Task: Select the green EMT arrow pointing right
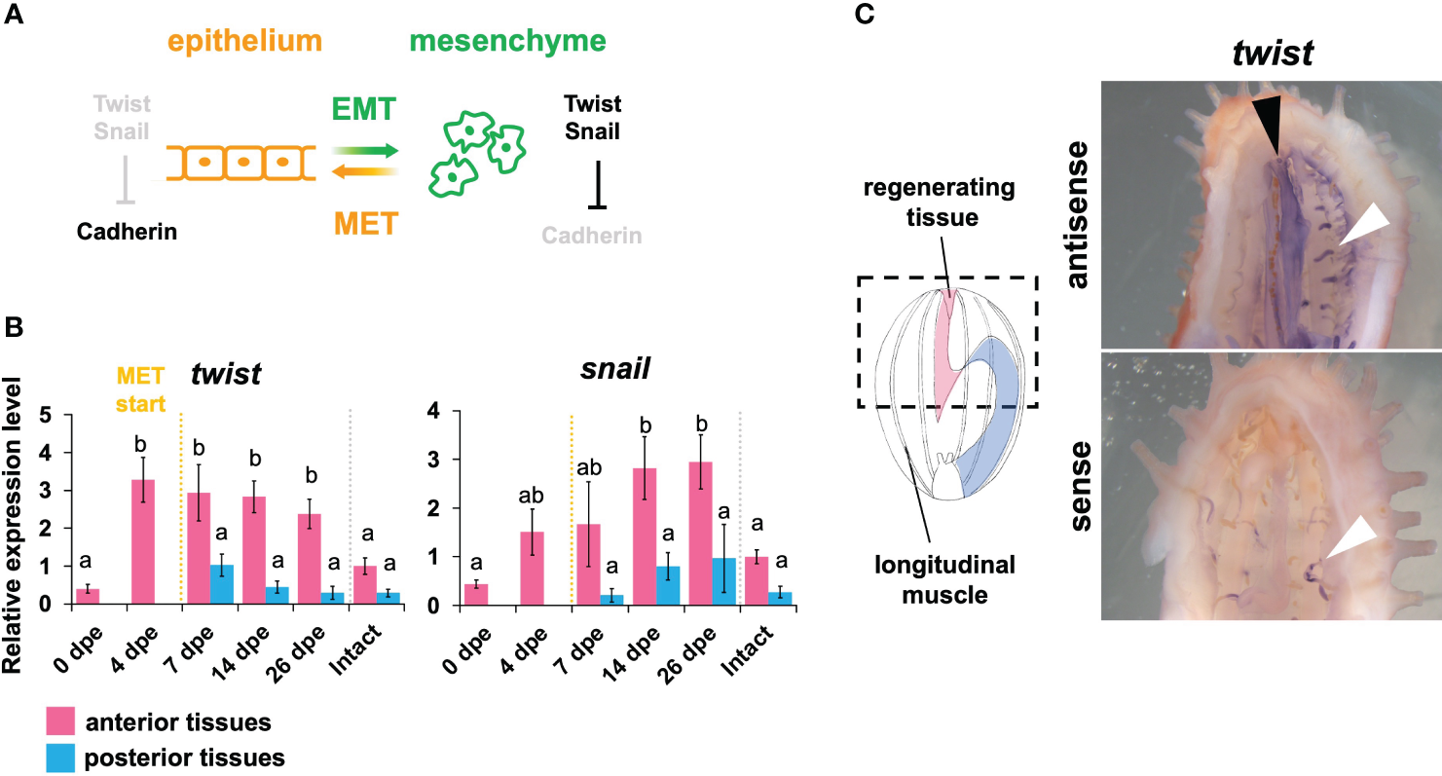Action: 364,151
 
